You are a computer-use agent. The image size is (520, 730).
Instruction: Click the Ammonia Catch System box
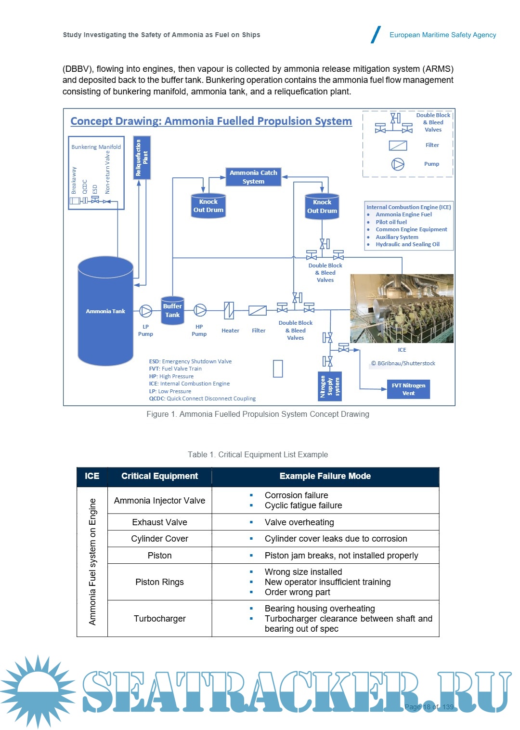click(253, 177)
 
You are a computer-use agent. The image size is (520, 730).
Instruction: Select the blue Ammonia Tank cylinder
click(105, 311)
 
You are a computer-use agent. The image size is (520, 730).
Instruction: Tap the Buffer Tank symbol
click(172, 310)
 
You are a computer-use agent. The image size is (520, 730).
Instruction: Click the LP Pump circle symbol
click(145, 311)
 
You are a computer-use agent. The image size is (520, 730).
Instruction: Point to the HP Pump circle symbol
click(200, 310)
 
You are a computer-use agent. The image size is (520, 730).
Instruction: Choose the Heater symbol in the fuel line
click(229, 310)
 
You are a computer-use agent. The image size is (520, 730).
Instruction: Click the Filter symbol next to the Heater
click(258, 311)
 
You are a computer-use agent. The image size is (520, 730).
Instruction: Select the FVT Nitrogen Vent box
click(408, 389)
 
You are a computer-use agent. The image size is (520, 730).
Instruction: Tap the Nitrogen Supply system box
click(330, 386)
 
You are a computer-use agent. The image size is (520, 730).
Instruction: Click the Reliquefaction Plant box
click(142, 158)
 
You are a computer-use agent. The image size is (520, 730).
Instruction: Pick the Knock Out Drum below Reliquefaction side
click(208, 206)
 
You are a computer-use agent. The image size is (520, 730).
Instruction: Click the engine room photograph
click(402, 308)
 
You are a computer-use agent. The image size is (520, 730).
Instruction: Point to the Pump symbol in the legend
click(398, 164)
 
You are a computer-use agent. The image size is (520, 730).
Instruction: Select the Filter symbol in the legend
click(398, 145)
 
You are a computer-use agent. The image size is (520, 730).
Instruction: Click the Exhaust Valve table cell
click(159, 522)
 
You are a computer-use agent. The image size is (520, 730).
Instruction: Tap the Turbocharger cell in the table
click(159, 619)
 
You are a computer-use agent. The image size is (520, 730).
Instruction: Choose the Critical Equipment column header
click(159, 476)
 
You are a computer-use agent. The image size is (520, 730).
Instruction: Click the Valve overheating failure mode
click(299, 522)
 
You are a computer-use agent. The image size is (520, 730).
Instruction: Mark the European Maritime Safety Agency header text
click(442, 35)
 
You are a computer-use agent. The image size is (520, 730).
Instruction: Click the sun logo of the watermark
click(38, 691)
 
